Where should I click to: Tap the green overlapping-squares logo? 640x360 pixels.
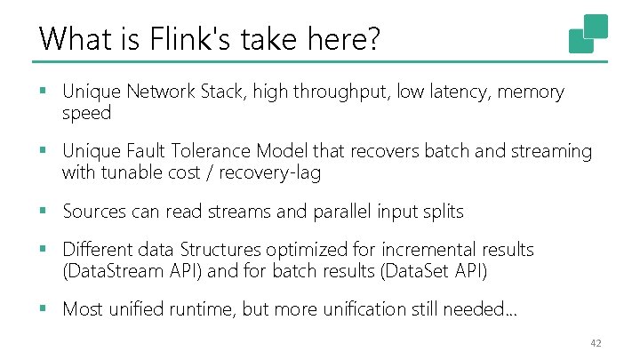[x=588, y=34]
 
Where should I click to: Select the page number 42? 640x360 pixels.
[x=596, y=344]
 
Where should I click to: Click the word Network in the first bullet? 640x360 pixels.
[x=163, y=92]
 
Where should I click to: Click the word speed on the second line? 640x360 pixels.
[x=86, y=114]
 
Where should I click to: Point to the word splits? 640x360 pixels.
[x=441, y=212]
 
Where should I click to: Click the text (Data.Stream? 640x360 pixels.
[x=115, y=271]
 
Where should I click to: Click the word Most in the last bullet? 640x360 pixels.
[x=83, y=309]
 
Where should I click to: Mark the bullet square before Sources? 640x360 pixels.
[x=44, y=212]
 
